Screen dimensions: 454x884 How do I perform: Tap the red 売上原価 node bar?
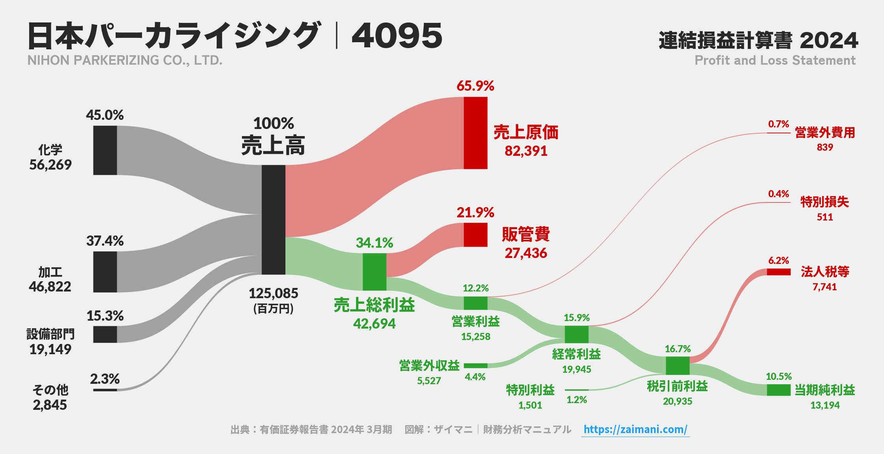(x=476, y=133)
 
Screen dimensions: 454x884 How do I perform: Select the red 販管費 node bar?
(x=476, y=235)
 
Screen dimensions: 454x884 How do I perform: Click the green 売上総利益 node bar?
(x=375, y=272)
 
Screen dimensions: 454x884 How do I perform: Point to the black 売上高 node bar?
(x=273, y=219)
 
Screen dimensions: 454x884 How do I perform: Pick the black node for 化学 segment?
(x=105, y=150)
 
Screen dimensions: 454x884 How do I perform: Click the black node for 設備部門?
(x=105, y=334)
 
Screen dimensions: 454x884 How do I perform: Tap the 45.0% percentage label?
(x=105, y=115)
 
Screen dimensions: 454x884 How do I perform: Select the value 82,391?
(x=526, y=151)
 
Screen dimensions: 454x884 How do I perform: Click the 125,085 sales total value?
(x=273, y=293)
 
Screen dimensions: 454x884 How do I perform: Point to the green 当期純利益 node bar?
(x=779, y=390)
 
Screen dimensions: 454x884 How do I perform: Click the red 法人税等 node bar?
(x=779, y=272)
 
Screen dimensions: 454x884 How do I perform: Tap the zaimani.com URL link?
(x=635, y=430)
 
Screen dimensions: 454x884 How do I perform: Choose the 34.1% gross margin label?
(x=375, y=243)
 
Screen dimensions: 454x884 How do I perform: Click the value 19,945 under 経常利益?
(x=577, y=370)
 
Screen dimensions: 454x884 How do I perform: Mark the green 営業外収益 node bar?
(x=476, y=366)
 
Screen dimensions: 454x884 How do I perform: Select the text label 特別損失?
(x=825, y=202)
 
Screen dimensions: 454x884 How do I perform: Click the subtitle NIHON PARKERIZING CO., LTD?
(x=125, y=60)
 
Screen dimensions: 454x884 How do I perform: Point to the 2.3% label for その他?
(x=105, y=379)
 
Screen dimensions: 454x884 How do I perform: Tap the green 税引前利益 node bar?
(x=678, y=366)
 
